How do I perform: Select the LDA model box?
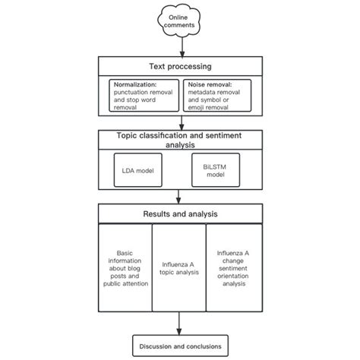(138, 170)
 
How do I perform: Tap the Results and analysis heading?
(179, 213)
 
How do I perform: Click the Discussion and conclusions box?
(179, 346)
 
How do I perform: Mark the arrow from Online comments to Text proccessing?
(179, 47)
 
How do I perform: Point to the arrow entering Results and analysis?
(179, 196)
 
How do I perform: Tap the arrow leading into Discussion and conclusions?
(179, 325)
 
